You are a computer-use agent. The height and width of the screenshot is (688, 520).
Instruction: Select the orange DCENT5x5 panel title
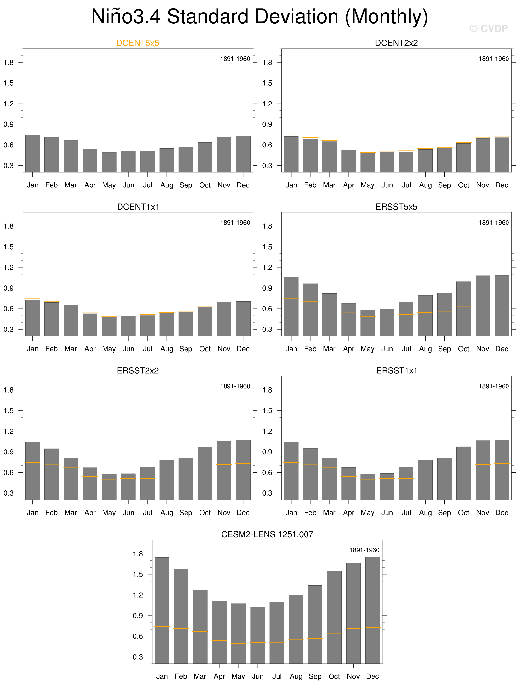137,43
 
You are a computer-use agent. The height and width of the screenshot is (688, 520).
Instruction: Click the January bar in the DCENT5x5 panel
32,154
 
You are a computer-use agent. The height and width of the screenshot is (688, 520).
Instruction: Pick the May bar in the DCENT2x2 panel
368,162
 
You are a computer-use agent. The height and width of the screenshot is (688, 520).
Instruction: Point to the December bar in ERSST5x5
502,305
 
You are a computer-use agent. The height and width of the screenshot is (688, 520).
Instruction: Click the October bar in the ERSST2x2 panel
205,473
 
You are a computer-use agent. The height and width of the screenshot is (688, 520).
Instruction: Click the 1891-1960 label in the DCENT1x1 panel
235,223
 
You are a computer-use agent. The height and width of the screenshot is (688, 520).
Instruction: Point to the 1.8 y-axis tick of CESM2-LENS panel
138,554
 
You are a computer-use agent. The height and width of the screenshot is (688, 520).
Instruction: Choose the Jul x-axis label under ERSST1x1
406,513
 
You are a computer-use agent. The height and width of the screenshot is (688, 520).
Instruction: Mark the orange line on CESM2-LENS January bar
162,626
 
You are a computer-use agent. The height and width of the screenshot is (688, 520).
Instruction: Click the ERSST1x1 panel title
397,370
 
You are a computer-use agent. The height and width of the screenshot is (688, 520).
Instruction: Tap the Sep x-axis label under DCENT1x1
186,349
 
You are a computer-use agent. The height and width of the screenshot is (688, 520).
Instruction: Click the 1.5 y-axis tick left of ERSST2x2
8,410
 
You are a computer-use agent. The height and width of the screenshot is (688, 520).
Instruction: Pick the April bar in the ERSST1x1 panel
349,484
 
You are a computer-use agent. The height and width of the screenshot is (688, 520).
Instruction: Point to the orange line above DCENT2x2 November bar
483,137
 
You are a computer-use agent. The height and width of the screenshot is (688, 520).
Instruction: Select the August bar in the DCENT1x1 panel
167,324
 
